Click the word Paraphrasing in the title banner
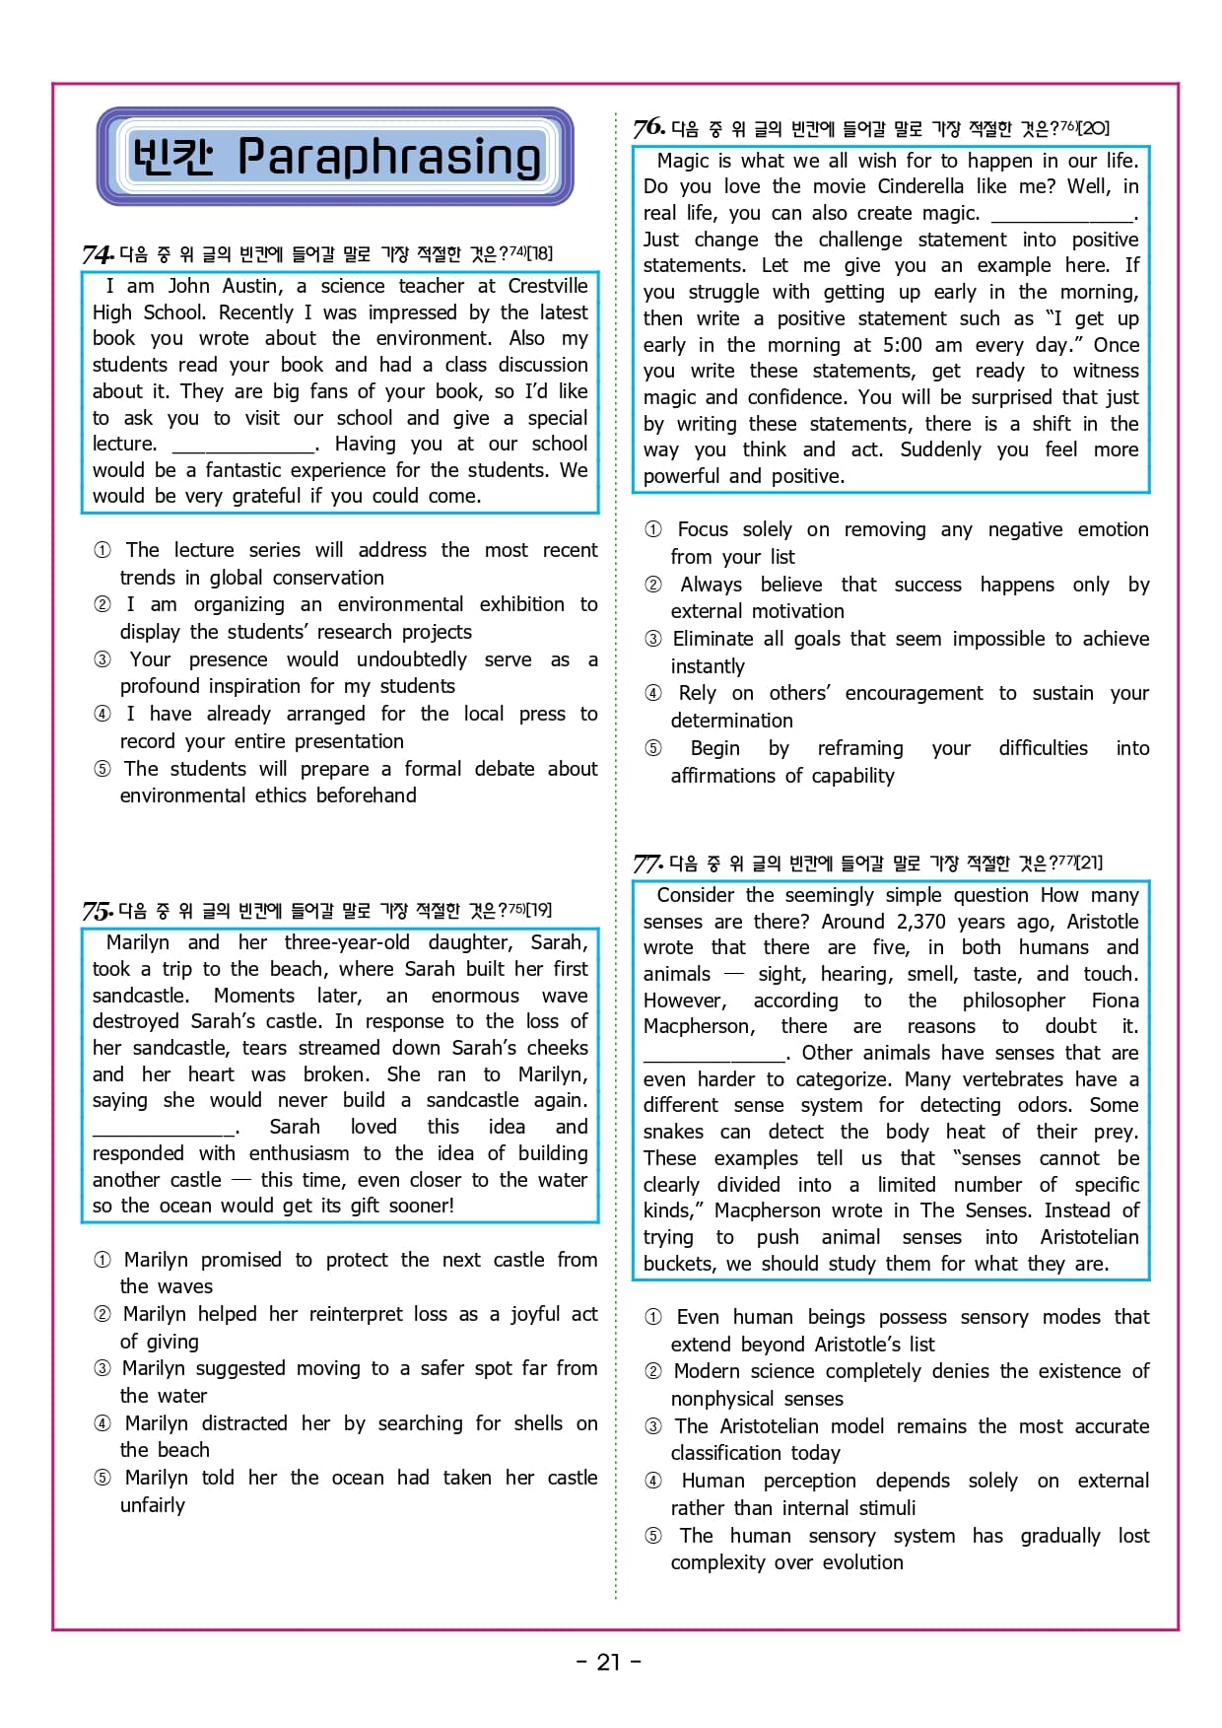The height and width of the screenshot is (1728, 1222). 389,157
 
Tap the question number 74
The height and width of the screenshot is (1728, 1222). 97,254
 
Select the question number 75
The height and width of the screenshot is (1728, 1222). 97,910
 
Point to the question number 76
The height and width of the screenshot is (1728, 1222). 647,128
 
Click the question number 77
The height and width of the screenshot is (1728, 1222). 646,864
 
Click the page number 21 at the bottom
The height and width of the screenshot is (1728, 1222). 609,1662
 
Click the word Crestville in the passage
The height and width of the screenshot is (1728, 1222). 548,286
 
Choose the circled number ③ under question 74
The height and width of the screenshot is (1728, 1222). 102,659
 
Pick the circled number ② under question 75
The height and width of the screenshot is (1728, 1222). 102,1314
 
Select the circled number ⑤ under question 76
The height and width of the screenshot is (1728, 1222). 653,748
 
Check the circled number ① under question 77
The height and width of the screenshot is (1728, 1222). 653,1317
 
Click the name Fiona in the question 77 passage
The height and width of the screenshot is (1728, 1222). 1115,1001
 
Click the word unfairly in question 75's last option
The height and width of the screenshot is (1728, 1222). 153,1505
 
